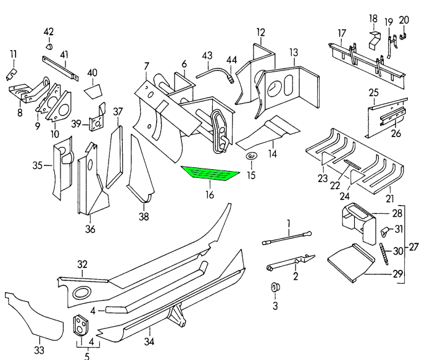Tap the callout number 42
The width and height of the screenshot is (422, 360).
coord(49,32)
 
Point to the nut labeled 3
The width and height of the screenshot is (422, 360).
coord(275,288)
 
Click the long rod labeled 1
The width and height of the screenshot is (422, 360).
coord(288,238)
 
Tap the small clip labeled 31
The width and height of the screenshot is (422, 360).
coord(384,232)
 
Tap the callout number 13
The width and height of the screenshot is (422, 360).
coord(293,52)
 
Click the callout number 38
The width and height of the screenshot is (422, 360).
coord(144,217)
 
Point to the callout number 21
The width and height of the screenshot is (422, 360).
coord(389,198)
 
